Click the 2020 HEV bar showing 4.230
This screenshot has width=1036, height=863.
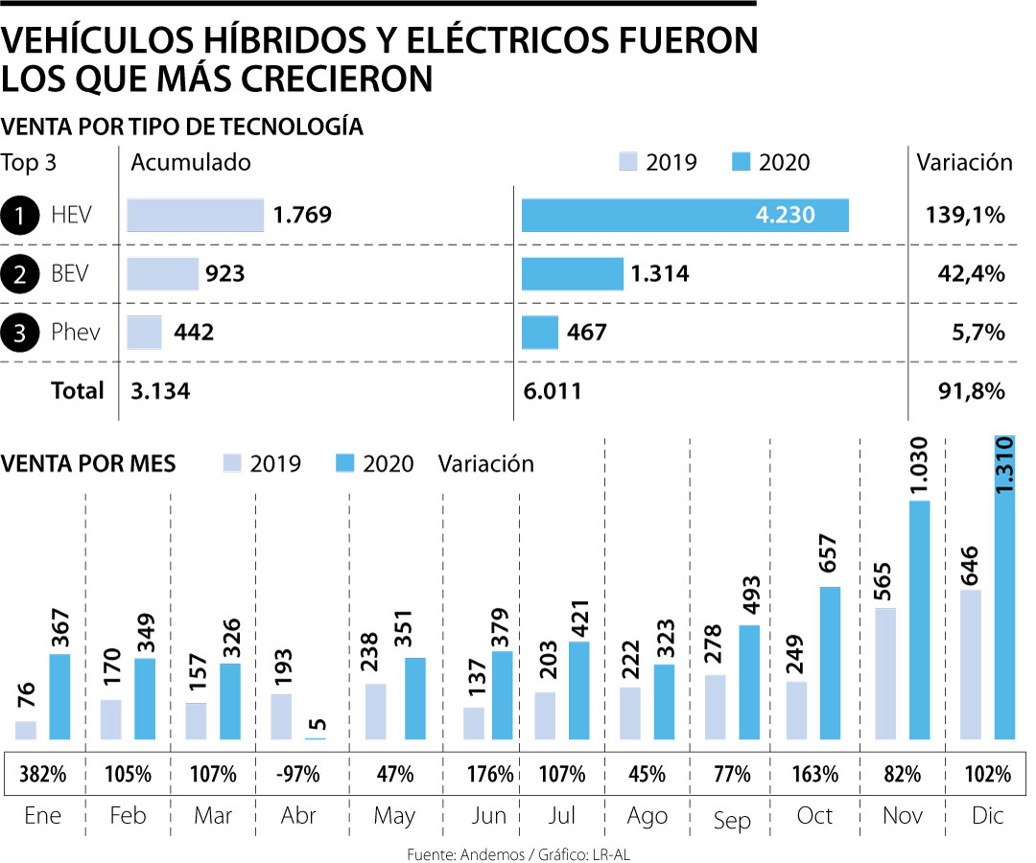coord(685,215)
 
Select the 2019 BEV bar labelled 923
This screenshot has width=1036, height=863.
coord(162,274)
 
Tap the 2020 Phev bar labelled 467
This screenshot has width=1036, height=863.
coord(539,333)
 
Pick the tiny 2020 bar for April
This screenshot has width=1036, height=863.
coord(316,737)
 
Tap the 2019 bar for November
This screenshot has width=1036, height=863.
coord(885,673)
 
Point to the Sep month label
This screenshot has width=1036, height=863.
coord(731,820)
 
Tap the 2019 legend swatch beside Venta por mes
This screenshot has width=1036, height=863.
coord(232,462)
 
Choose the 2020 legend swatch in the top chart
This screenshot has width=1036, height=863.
coord(740,161)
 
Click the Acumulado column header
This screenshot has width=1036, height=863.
coord(190,162)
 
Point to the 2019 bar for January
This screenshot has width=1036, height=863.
coord(26,730)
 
